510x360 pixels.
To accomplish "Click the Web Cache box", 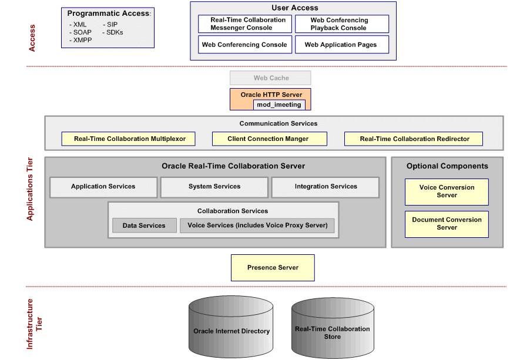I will [x=270, y=78].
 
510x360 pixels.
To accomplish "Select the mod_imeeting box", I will [x=279, y=105].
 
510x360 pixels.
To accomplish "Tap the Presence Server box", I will [x=273, y=267].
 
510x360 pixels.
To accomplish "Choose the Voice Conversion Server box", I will [x=447, y=191].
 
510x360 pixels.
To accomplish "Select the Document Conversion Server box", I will [x=447, y=224].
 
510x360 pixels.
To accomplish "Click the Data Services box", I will [x=144, y=226].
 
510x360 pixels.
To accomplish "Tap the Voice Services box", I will [x=257, y=226].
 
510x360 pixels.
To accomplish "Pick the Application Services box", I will [x=103, y=187].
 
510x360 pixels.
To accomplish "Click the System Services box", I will [x=214, y=187].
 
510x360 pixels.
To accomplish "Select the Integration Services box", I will [x=326, y=187].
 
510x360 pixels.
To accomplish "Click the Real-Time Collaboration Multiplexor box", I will [x=130, y=139].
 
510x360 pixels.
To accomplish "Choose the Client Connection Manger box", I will [x=268, y=139].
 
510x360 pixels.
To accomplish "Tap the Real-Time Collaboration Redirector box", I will [x=414, y=139].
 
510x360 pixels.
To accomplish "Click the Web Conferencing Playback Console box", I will [x=341, y=24].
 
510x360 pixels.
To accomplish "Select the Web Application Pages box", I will [x=341, y=45].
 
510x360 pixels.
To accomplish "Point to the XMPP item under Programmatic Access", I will [x=82, y=40].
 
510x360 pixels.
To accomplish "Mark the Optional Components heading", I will [x=447, y=166].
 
